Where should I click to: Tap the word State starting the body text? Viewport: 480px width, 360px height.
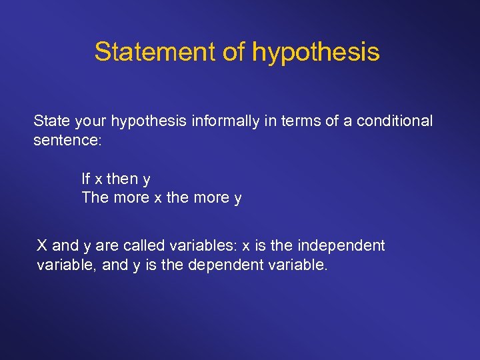point(51,121)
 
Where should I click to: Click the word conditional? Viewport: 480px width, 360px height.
point(395,121)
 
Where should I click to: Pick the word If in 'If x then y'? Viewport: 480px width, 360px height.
point(86,179)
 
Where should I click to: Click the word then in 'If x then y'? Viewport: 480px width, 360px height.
point(123,179)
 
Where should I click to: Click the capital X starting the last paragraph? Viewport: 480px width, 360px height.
point(42,245)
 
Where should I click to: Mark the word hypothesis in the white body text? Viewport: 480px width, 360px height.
point(147,122)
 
